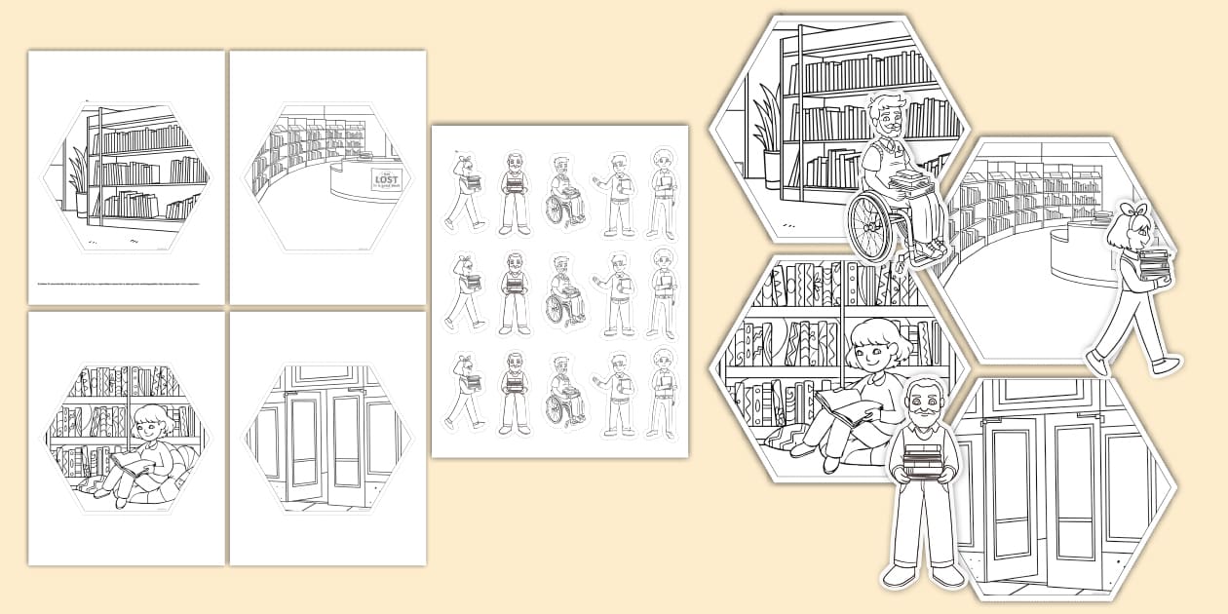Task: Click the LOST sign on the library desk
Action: tap(384, 179)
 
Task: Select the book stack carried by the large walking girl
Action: tap(1153, 266)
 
